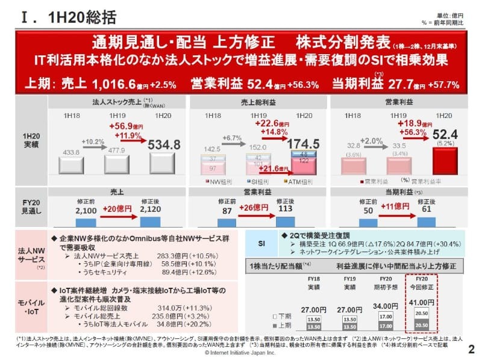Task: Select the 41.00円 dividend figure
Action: [x=421, y=302]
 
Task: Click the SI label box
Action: [x=261, y=244]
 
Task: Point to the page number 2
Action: [x=471, y=348]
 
